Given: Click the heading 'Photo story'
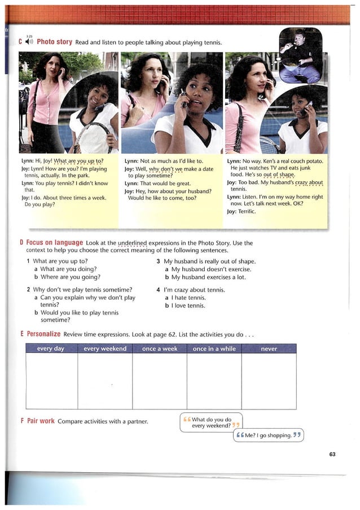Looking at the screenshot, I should coord(55,42).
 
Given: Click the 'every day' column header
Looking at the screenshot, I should coord(51,349).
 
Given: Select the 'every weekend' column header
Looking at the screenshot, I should coord(105,349).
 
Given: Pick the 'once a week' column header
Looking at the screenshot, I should coord(160,349).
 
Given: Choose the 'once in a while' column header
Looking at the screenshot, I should coord(214,349).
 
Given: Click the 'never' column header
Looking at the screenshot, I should coord(269,349).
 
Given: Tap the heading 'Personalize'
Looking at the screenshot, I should coord(43,334).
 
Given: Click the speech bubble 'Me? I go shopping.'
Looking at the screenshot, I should coord(269,435).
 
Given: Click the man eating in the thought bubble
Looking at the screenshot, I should coord(300,54).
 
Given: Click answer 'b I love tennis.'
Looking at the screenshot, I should coord(185,306).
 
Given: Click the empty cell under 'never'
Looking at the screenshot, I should coord(269,380).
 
